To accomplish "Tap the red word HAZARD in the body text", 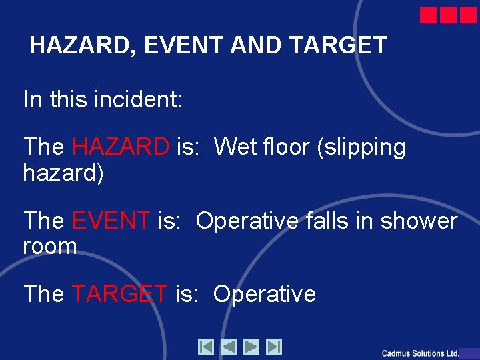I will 121,146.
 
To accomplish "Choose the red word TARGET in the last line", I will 120,293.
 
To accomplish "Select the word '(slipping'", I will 362,147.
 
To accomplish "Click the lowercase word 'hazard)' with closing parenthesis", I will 63,173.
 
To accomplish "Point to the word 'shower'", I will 419,220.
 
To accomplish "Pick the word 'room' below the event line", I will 50,247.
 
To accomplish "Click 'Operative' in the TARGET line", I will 264,294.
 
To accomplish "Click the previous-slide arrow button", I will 229,347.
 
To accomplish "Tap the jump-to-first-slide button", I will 206,347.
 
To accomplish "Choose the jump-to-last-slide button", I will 274,347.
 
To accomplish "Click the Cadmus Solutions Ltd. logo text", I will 420,353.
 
